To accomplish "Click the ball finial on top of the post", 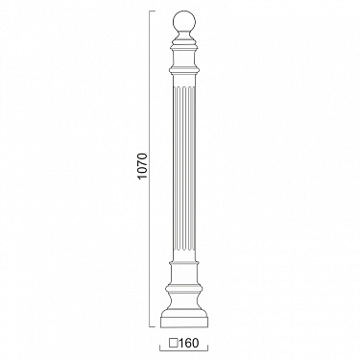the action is coord(183,22).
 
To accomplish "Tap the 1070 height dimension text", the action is coord(143,166).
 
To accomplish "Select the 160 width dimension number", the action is coord(189,343).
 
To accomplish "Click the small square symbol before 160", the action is coord(174,343).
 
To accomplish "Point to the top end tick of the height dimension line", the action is coord(153,11).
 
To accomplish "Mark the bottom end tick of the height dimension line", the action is coord(153,327).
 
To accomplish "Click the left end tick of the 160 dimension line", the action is coord(160,348).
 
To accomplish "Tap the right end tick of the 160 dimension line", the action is coord(207,348).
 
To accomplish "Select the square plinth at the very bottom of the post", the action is coord(183,322).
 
